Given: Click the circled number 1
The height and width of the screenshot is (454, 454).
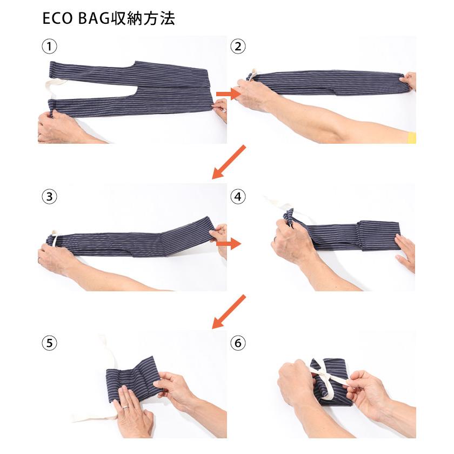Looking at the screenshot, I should click(49, 46).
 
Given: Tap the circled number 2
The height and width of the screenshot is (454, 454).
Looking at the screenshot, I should click(237, 46).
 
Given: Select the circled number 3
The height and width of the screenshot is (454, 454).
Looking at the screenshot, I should click(49, 196).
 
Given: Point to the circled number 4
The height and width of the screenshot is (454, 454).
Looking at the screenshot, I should click(237, 196).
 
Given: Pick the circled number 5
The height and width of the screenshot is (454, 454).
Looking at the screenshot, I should click(49, 343).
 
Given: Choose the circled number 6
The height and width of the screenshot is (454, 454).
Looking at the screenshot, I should click(237, 343).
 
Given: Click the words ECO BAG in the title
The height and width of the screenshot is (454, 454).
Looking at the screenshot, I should click(75, 19).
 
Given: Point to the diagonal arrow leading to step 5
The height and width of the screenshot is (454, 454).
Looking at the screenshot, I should click(229, 312).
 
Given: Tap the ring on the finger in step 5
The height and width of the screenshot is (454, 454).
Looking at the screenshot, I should click(125, 407).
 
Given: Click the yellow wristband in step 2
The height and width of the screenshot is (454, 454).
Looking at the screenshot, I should click(411, 138).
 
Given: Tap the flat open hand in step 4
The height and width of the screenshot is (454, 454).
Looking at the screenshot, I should click(405, 251).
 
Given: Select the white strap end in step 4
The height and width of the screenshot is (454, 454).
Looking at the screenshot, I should click(276, 205).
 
